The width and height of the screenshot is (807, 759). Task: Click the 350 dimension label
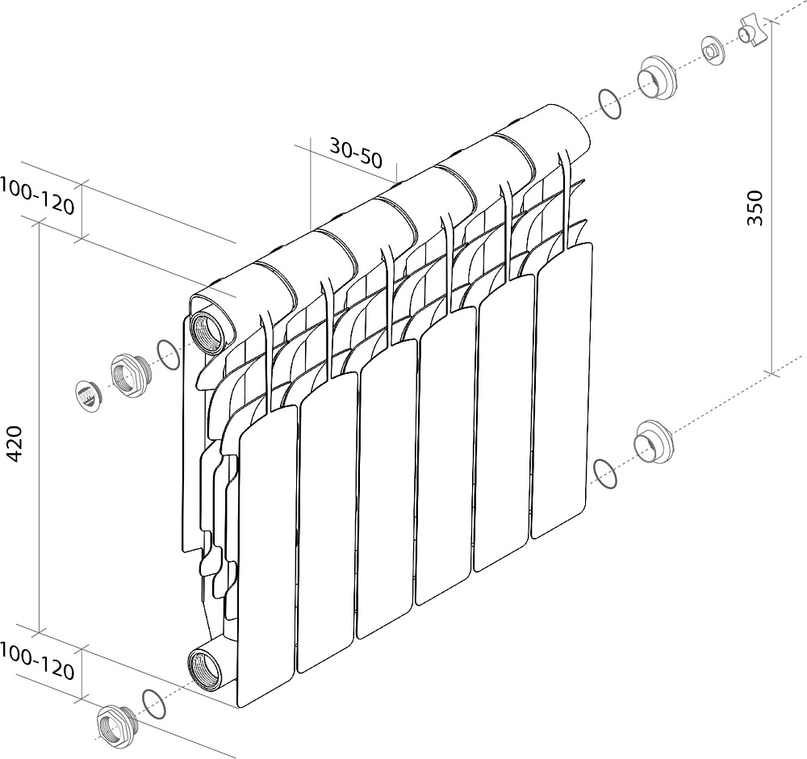point(755,208)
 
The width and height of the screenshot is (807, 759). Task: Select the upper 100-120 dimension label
point(36,195)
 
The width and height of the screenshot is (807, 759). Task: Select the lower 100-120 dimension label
point(36,662)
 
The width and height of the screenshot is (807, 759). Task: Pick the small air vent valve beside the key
point(713,51)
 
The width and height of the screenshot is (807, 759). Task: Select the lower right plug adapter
point(654,442)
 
